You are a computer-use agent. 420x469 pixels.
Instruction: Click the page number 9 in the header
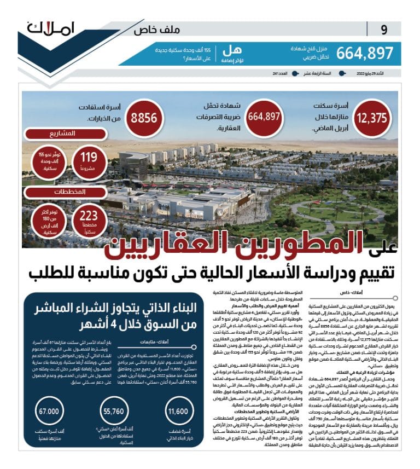[x=384, y=30]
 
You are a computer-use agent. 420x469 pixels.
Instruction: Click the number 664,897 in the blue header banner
[x=365, y=53]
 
